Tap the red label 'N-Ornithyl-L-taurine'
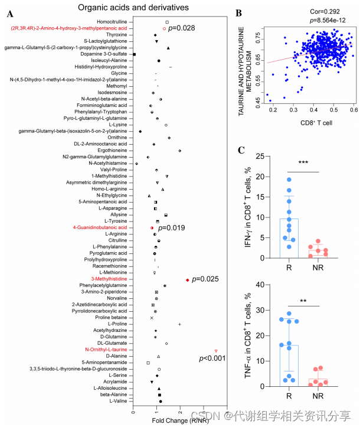(104, 350)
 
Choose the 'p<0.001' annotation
(212, 358)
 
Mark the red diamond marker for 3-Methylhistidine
(188, 279)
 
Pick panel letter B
(239, 12)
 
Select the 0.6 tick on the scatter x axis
(353, 110)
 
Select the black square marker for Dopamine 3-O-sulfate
(135, 54)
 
